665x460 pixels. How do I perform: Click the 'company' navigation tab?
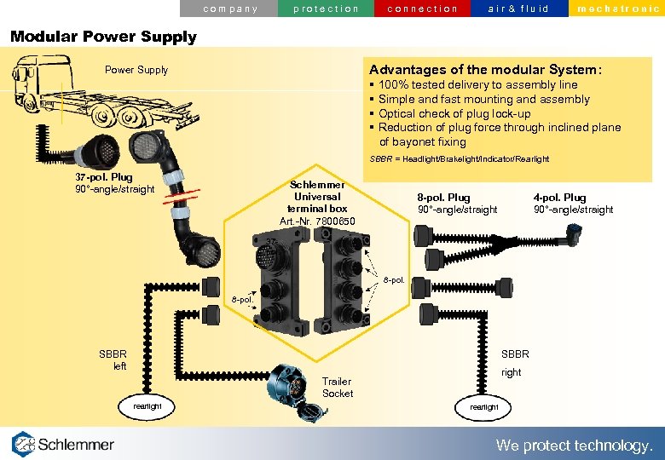pyautogui.click(x=230, y=9)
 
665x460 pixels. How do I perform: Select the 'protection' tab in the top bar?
pyautogui.click(x=326, y=9)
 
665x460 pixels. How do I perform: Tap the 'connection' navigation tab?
pyautogui.click(x=423, y=9)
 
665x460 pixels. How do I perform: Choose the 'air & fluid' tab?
pyautogui.click(x=518, y=9)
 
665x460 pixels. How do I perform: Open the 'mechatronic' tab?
pyautogui.click(x=617, y=9)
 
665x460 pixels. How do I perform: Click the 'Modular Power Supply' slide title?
pyautogui.click(x=103, y=37)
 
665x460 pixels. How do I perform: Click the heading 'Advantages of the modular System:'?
pyautogui.click(x=485, y=69)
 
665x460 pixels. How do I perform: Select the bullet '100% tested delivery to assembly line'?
pyautogui.click(x=477, y=85)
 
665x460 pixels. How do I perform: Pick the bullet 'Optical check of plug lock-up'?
pyautogui.click(x=454, y=113)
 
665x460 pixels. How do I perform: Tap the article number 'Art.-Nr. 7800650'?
pyautogui.click(x=317, y=221)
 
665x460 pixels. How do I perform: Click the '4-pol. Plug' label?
pyautogui.click(x=559, y=198)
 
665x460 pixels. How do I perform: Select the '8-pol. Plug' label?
pyautogui.click(x=443, y=198)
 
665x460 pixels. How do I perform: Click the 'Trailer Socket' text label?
pyautogui.click(x=338, y=387)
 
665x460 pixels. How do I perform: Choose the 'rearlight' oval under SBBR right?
pyautogui.click(x=484, y=407)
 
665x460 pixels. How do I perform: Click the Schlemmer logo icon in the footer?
pyautogui.click(x=24, y=445)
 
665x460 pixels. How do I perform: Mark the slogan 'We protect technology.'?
pyautogui.click(x=575, y=446)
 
